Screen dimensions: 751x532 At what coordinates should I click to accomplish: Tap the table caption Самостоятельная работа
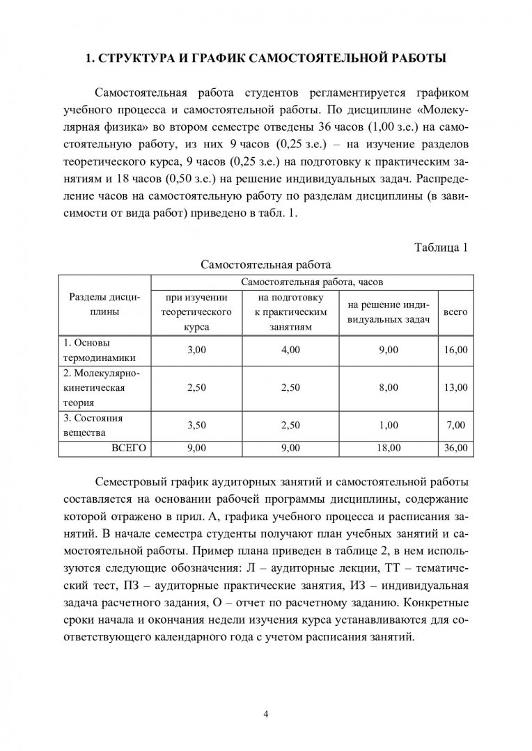[x=265, y=264]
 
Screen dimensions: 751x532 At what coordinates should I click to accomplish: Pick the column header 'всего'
[x=455, y=313]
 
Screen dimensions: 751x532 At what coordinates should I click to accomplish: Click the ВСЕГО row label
[x=130, y=449]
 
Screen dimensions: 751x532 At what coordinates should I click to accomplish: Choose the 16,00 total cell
[x=455, y=350]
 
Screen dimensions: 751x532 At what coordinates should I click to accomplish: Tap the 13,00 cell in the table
[x=455, y=387]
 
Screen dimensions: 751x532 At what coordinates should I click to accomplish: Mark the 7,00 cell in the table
[x=455, y=425]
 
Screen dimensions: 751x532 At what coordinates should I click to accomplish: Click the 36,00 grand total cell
[x=455, y=449]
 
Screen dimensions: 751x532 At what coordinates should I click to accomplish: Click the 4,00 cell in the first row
[x=290, y=350]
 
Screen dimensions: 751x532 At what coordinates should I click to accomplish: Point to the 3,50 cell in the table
[x=197, y=425]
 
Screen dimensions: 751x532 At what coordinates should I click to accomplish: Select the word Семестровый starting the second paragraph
[x=136, y=482]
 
